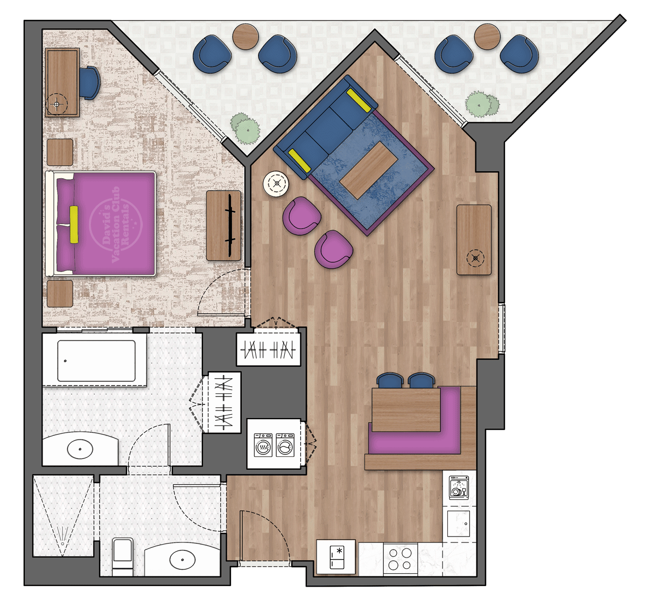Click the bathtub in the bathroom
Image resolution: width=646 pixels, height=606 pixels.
96,360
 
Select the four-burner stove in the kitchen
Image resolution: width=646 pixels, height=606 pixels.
400,559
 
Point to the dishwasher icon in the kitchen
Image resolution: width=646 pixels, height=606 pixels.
459,487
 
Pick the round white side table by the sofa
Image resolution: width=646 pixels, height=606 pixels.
276,184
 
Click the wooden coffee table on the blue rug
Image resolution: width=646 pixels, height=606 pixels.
369,170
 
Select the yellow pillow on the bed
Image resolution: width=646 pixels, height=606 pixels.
74,224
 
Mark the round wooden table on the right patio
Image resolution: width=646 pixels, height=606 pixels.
487,37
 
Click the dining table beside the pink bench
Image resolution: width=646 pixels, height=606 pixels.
406,409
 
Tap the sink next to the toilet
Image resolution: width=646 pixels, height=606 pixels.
182,560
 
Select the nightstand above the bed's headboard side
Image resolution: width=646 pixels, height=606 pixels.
60,152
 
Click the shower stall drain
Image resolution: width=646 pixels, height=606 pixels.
64,543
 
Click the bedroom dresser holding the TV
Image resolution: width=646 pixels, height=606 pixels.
223,226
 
